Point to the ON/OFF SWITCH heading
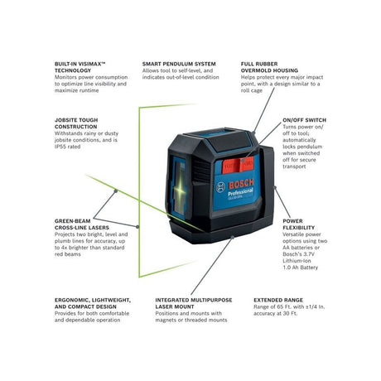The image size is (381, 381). tap(304, 119)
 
